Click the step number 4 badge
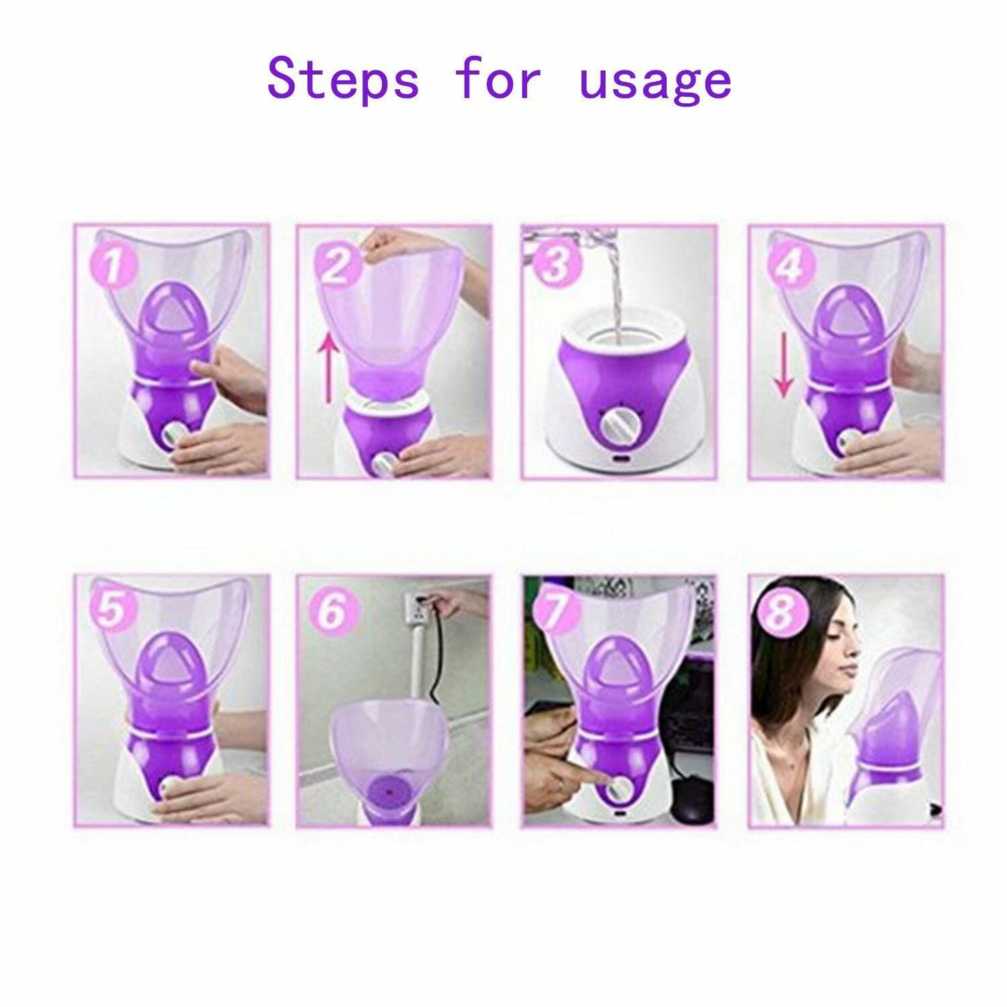788,266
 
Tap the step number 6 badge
332,611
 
